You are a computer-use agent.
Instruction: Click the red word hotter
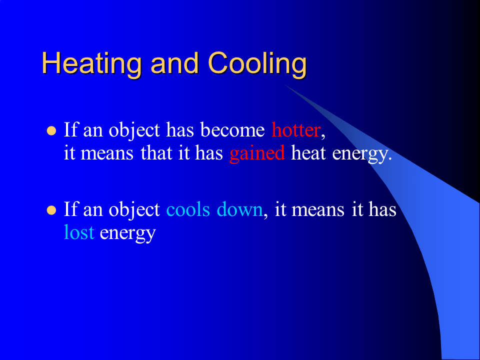point(295,130)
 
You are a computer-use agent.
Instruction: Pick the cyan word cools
point(188,209)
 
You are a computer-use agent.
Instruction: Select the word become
point(232,130)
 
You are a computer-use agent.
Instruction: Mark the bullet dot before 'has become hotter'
point(50,131)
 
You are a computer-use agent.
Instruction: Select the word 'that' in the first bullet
point(156,153)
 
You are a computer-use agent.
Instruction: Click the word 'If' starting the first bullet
point(70,130)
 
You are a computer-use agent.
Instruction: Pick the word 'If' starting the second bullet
point(70,209)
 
